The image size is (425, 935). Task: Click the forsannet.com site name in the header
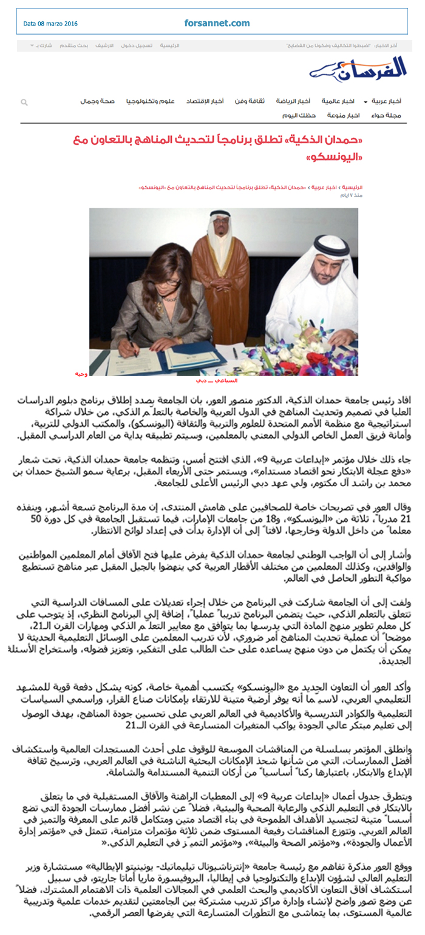[217, 23]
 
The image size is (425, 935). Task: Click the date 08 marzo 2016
[50, 24]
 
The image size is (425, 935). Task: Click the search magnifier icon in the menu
[24, 103]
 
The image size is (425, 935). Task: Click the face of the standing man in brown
[222, 230]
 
